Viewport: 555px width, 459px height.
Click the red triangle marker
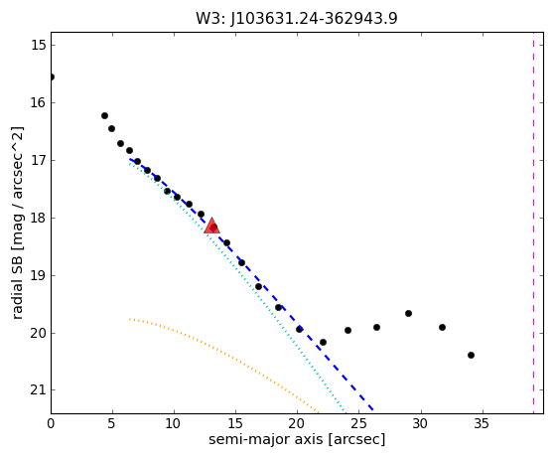(212, 226)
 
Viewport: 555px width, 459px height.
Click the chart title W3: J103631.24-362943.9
(297, 18)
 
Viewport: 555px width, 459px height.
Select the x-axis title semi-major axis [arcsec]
(297, 439)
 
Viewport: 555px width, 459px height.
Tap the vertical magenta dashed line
(533, 223)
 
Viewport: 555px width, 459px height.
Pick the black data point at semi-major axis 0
(52, 76)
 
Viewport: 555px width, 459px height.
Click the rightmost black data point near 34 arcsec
(471, 355)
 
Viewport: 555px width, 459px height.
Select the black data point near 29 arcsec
(408, 313)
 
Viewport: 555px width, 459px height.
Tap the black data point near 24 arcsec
(347, 331)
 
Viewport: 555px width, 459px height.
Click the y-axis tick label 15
(39, 46)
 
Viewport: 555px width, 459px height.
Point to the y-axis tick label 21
(39, 390)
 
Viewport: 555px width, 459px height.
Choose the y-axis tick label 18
(39, 218)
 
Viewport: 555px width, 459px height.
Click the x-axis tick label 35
(482, 423)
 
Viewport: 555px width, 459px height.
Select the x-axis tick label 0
(51, 423)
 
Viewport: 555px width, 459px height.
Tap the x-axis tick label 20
(297, 423)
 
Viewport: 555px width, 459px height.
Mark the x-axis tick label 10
(174, 423)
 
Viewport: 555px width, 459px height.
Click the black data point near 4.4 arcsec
(104, 116)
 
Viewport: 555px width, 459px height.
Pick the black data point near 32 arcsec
(442, 327)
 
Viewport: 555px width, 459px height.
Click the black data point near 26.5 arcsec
(376, 327)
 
